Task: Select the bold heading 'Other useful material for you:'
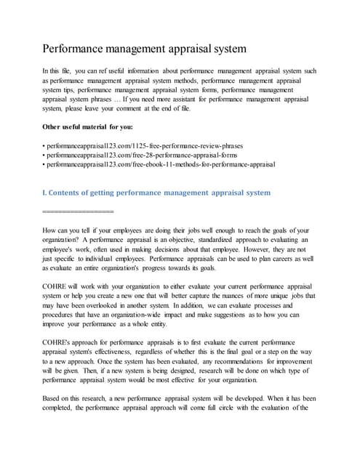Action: pos(92,126)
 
